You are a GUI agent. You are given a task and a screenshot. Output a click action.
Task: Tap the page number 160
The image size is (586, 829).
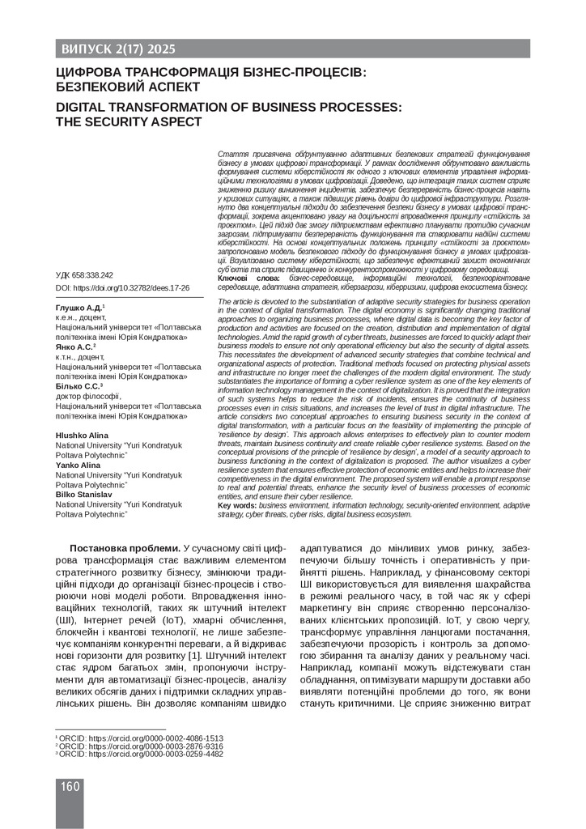coord(70,787)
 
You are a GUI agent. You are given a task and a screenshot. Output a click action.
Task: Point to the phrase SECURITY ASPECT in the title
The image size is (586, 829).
coord(142,121)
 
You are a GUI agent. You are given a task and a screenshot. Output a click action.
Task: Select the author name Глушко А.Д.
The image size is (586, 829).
coord(79,309)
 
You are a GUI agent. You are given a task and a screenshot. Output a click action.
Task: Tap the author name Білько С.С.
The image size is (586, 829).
coord(79,385)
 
